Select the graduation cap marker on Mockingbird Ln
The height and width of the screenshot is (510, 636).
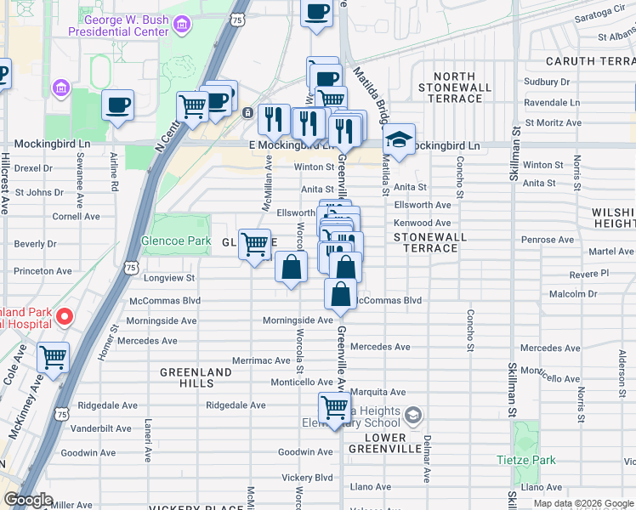[398, 139]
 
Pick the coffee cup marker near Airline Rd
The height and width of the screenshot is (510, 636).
[117, 105]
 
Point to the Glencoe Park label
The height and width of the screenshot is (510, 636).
[176, 241]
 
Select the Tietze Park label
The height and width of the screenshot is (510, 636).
[526, 460]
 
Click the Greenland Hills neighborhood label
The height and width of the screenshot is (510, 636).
[196, 378]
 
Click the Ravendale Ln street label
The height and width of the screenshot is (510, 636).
[553, 102]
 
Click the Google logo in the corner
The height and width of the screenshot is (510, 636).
[29, 500]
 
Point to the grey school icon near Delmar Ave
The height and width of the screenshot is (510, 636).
[413, 416]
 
